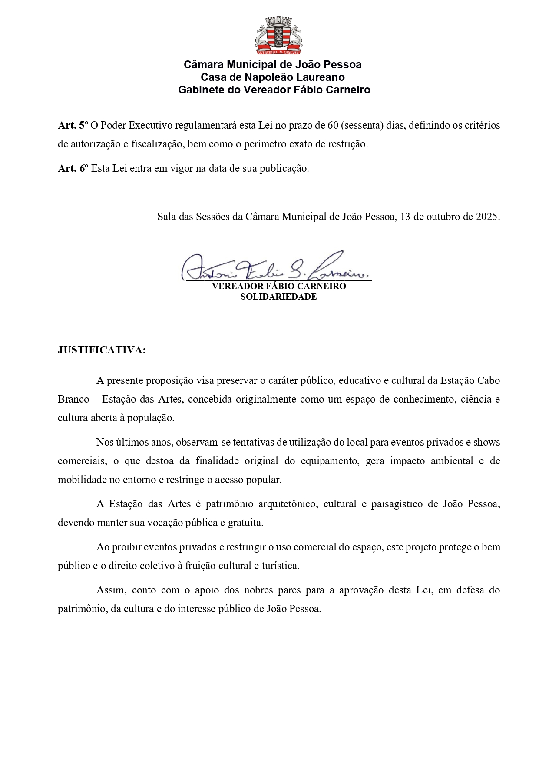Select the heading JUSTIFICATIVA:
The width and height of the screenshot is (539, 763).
102,350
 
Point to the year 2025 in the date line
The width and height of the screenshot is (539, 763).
488,217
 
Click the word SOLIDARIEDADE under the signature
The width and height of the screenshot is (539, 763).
278,297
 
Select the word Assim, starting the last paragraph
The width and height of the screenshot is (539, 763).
111,590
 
